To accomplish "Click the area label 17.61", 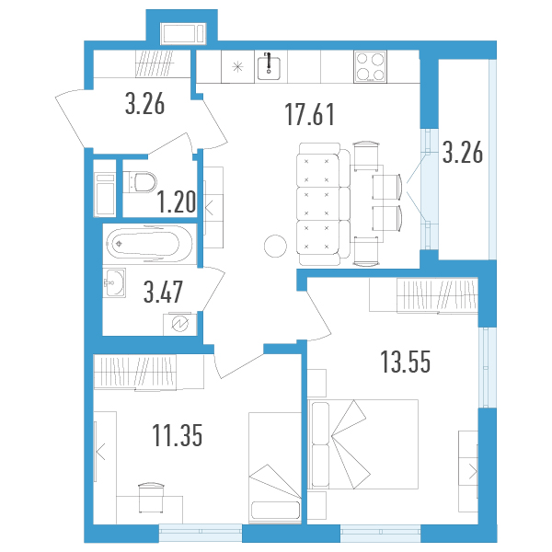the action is pyautogui.click(x=309, y=114).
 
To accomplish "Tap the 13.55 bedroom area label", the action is pyautogui.click(x=406, y=362).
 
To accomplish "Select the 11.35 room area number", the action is pyautogui.click(x=177, y=435).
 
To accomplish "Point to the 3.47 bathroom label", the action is pyautogui.click(x=163, y=292).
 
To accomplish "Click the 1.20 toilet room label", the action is pyautogui.click(x=176, y=201).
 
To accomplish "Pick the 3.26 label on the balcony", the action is pyautogui.click(x=463, y=152).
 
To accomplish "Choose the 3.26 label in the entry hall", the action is pyautogui.click(x=144, y=103).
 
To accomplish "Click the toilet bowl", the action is pyautogui.click(x=140, y=182).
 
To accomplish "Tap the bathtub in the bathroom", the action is pyautogui.click(x=149, y=244).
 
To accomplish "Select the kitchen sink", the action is pyautogui.click(x=269, y=66).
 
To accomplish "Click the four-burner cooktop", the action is pyautogui.click(x=370, y=67).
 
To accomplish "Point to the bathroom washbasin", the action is pyautogui.click(x=114, y=282).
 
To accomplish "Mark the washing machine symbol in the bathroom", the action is pyautogui.click(x=179, y=324).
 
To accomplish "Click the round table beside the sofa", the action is pyautogui.click(x=275, y=246).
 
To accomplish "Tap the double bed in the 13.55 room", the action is pyautogui.click(x=363, y=444).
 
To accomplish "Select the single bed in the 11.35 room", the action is pyautogui.click(x=275, y=467).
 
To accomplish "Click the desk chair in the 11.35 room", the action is pyautogui.click(x=152, y=498).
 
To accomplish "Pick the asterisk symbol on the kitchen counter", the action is pyautogui.click(x=238, y=66).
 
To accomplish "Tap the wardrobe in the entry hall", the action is pyautogui.click(x=155, y=63).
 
